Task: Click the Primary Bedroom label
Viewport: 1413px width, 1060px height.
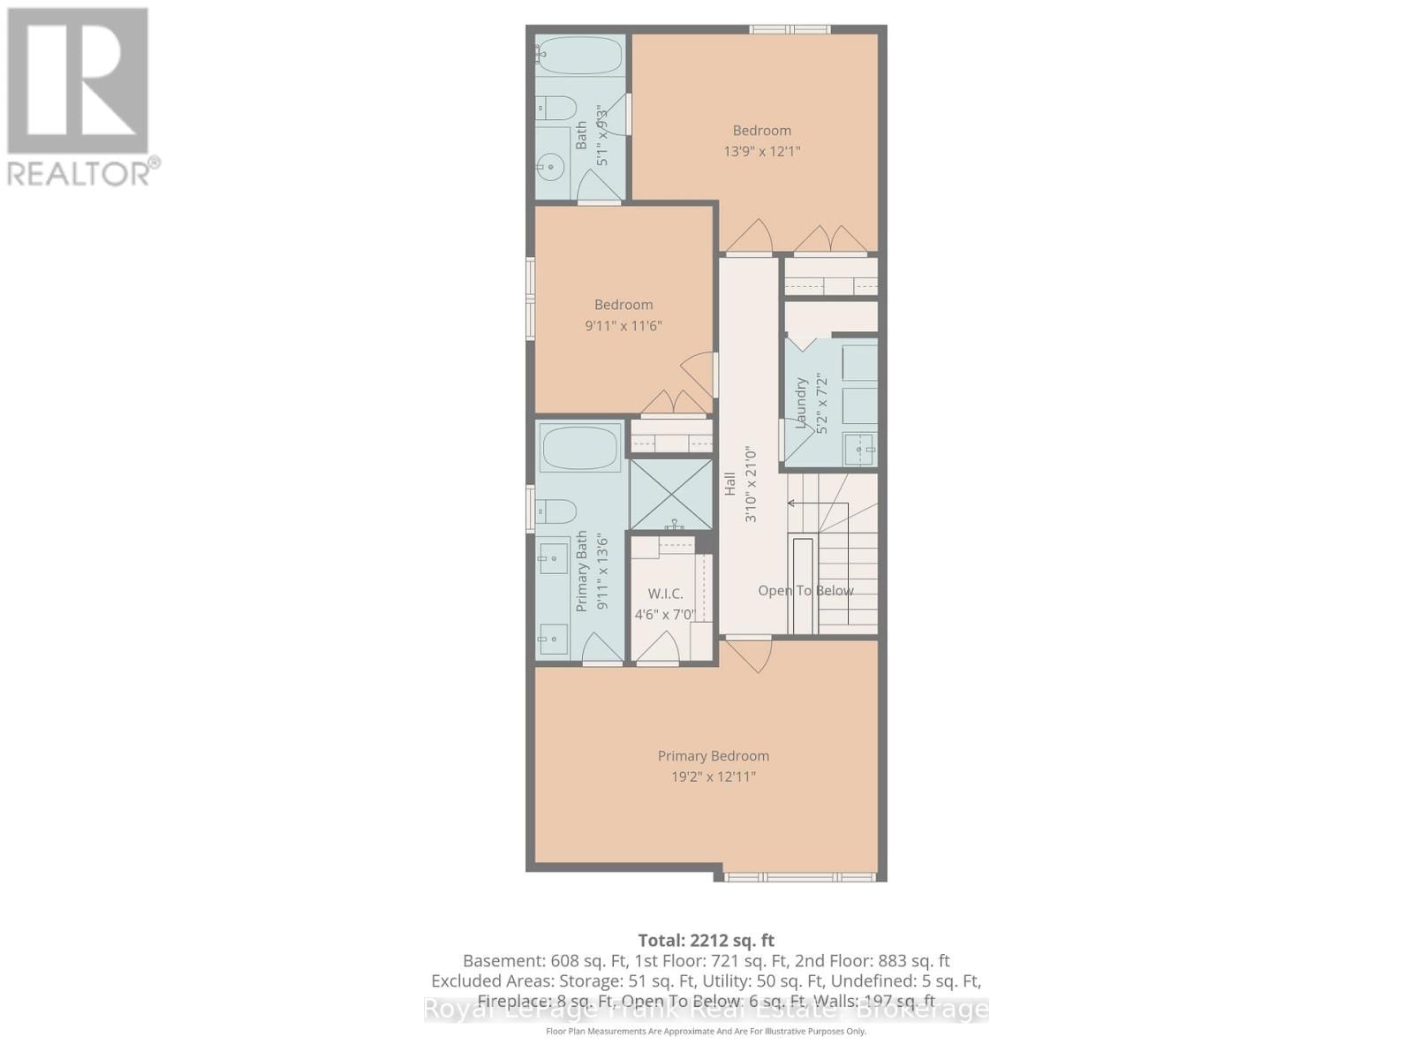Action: pyautogui.click(x=713, y=756)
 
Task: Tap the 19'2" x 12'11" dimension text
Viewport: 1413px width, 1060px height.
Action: pyautogui.click(x=713, y=777)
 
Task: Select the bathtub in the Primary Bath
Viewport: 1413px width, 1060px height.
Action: pyautogui.click(x=580, y=449)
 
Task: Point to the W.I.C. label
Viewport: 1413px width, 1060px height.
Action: pyautogui.click(x=665, y=594)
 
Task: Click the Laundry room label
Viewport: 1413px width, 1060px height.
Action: pyautogui.click(x=801, y=404)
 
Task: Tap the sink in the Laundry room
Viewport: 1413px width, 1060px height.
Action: pyautogui.click(x=858, y=449)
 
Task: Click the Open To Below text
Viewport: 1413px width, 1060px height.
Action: pyautogui.click(x=805, y=591)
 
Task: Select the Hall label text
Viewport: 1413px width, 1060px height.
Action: pyautogui.click(x=730, y=483)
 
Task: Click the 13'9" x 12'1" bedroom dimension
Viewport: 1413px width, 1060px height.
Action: pyautogui.click(x=761, y=151)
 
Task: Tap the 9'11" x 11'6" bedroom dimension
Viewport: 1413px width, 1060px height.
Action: pyautogui.click(x=623, y=326)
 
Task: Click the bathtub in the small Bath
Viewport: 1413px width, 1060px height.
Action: pyautogui.click(x=579, y=56)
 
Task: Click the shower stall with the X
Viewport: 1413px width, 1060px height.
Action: pyautogui.click(x=671, y=494)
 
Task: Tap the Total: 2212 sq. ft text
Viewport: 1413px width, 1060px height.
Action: pyautogui.click(x=706, y=941)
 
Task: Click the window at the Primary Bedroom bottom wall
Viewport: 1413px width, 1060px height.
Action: pyautogui.click(x=799, y=877)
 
